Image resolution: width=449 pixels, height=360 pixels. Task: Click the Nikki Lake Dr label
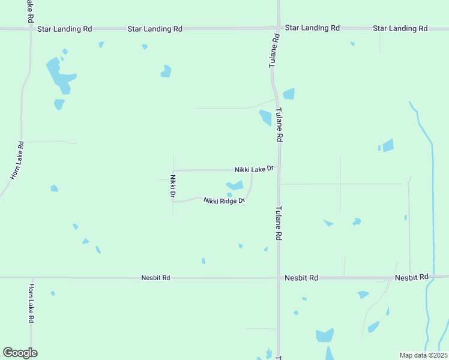254,170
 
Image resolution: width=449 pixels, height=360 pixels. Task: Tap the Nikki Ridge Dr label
224,200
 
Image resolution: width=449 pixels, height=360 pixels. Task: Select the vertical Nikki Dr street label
172,186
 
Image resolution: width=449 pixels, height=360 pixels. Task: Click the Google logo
20,353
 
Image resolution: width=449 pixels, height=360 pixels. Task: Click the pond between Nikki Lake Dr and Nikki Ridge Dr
235,185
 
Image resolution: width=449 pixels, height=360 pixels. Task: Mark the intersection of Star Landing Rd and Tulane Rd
279,28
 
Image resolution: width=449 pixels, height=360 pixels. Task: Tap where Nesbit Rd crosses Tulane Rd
279,278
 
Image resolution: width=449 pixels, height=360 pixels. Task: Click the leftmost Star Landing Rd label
64,28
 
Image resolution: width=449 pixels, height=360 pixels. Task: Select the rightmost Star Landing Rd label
400,28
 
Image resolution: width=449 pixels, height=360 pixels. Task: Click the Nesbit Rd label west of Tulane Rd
156,278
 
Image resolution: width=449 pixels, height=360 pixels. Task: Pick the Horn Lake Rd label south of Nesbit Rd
31,304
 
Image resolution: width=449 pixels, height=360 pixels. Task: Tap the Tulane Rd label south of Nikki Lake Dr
279,224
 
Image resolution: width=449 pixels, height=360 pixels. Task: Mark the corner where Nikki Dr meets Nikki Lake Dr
173,170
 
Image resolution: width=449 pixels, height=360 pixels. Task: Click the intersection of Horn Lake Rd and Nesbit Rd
31,278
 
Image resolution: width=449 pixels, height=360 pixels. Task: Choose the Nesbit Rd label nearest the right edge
411,277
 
